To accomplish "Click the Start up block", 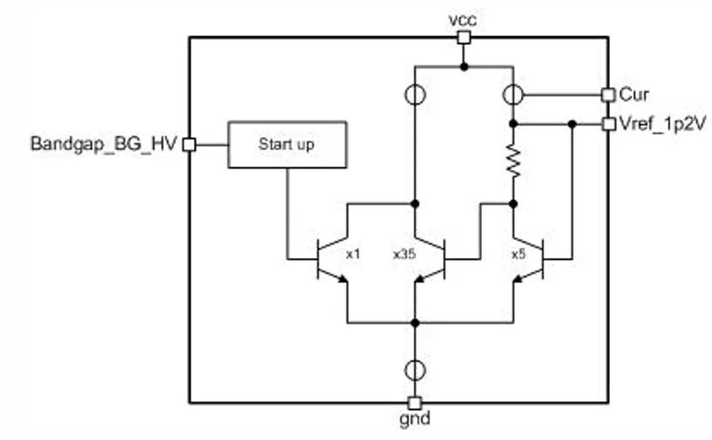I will (x=287, y=145).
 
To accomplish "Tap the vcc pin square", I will (x=463, y=38).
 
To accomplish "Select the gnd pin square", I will (x=415, y=402).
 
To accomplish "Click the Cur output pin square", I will (x=607, y=94).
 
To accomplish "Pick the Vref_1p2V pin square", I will (x=607, y=124).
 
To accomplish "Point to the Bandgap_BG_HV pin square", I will (x=189, y=145).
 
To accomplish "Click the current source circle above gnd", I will (x=415, y=369).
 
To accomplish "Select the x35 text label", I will (x=404, y=253).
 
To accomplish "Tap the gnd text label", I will (x=415, y=419).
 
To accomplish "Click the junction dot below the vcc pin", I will (x=463, y=67).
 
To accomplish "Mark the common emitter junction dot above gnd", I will (x=415, y=322).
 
